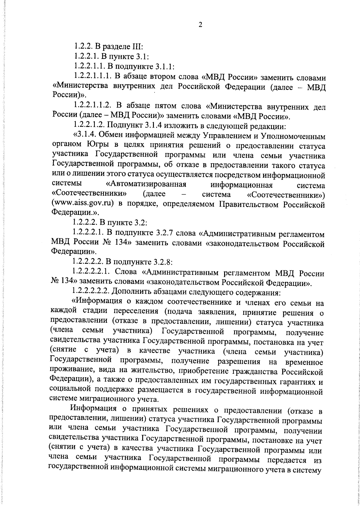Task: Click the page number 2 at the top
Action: [x=200, y=25]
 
